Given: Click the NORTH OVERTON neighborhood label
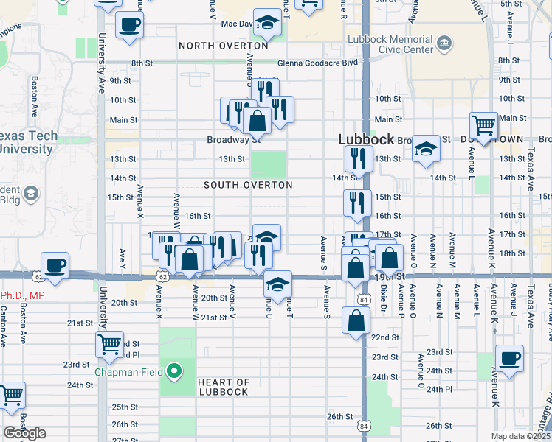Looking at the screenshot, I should (223, 46).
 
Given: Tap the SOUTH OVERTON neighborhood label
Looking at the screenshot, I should (248, 185).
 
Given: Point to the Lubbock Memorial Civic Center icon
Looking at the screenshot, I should (444, 44).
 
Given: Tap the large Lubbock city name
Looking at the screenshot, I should (366, 139).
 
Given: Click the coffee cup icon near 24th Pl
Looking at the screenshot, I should (509, 359).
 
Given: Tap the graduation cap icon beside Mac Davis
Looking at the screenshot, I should (267, 23).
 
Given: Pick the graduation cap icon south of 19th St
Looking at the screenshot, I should (277, 285).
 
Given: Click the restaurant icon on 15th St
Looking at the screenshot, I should (357, 203).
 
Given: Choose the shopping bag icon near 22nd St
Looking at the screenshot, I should (356, 320).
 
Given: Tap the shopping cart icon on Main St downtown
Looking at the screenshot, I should (484, 126).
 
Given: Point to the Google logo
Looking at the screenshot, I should (25, 433).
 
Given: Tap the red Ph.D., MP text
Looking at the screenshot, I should (23, 295).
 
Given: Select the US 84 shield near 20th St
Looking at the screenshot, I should (362, 299).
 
